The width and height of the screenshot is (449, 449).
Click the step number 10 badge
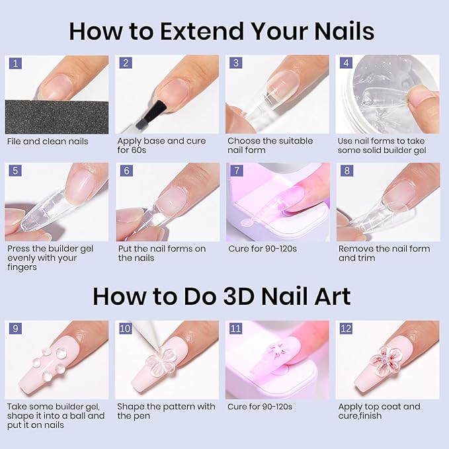[124, 329]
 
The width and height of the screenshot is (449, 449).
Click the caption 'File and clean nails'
[47, 141]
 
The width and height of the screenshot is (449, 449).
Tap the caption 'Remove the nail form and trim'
[384, 253]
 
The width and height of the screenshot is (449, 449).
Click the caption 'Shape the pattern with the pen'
[166, 411]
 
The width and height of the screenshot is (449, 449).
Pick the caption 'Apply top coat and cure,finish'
[378, 411]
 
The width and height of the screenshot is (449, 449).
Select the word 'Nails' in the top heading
[337, 31]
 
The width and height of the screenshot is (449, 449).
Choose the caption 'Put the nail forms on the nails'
[161, 253]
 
